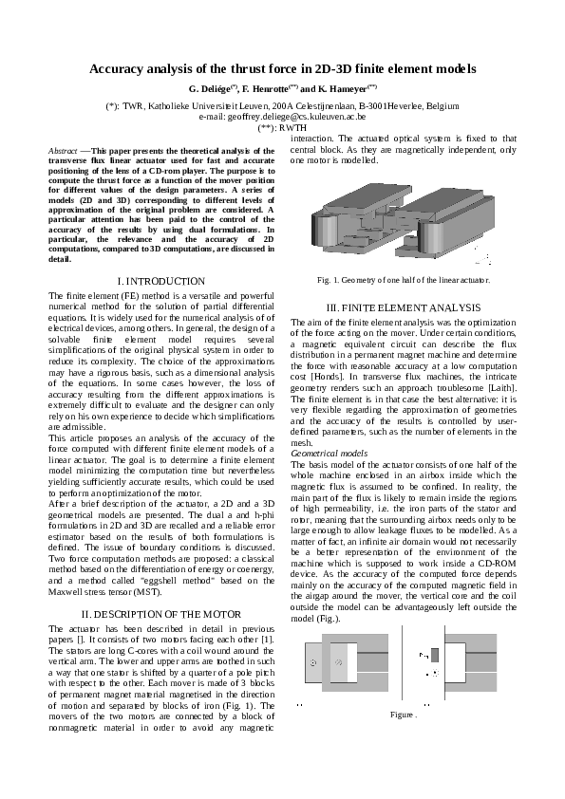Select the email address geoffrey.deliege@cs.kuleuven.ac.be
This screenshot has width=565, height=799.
pos(282,116)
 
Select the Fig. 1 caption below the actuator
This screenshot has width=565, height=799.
pos(404,280)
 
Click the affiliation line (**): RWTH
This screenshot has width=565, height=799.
pos(282,125)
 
